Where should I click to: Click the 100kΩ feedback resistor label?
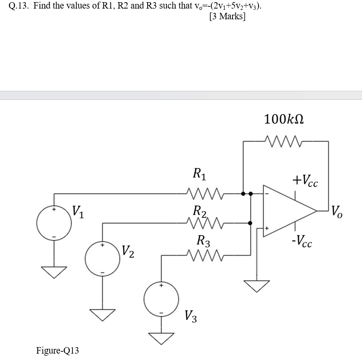(x=284, y=119)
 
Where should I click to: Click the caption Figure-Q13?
(x=58, y=351)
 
